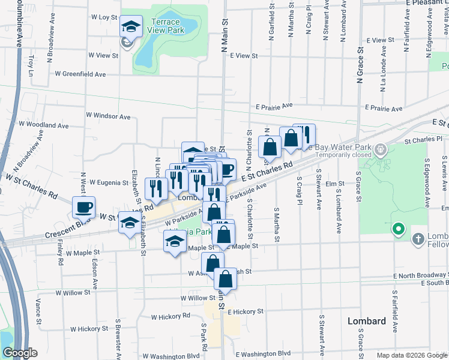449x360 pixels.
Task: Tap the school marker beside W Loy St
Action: coord(130,26)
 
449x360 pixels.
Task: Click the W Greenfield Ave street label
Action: coord(80,74)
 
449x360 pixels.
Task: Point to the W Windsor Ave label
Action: coord(108,115)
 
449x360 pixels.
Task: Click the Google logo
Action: coord(19,353)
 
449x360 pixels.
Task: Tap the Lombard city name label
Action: coord(367,321)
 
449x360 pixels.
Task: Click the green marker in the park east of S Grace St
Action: coord(397,229)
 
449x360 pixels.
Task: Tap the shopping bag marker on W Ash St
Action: coord(212,263)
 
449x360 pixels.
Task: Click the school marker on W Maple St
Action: coord(175,242)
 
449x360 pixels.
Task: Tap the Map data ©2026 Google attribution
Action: coord(411,355)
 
